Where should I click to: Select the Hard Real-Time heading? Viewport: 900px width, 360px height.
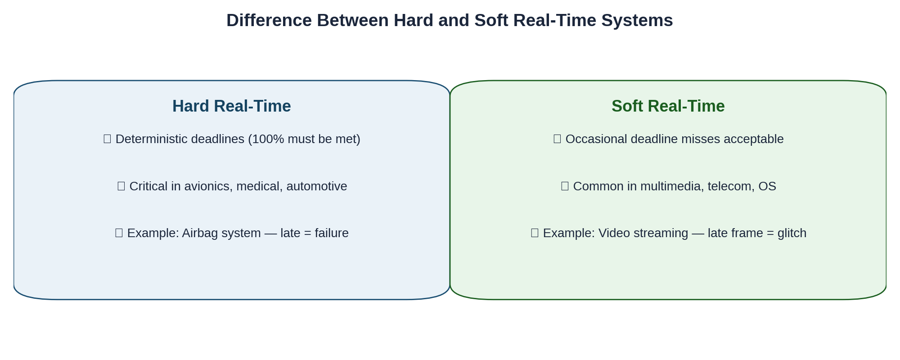231,106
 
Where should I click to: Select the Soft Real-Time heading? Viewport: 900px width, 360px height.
668,106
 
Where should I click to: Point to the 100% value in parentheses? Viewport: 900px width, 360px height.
268,139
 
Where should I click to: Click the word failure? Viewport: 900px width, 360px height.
332,233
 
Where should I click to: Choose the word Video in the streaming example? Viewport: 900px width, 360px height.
612,233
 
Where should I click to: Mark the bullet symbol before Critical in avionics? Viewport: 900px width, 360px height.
121,186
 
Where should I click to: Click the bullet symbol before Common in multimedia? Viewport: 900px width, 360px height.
565,186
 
